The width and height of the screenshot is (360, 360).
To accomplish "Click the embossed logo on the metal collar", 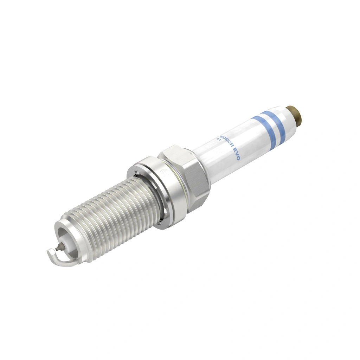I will [163, 173].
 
